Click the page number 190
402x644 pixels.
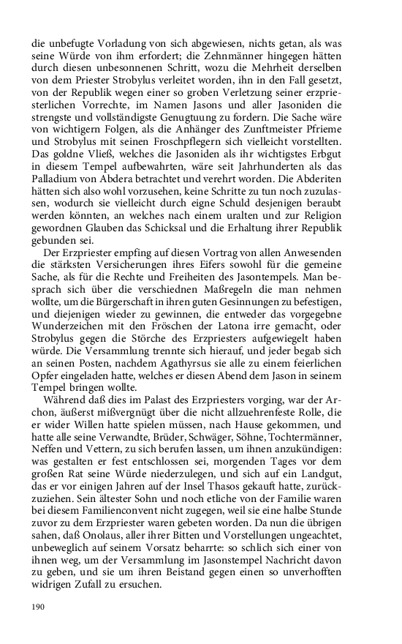[x=39, y=607]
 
